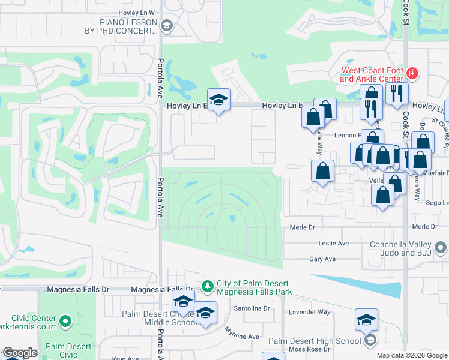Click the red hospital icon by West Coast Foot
(412, 74)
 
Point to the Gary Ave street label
(322, 259)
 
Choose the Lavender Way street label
(310, 312)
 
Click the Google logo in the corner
(19, 353)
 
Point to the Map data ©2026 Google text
(412, 355)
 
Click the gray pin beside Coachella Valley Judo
(441, 247)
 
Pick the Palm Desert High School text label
(314, 341)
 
